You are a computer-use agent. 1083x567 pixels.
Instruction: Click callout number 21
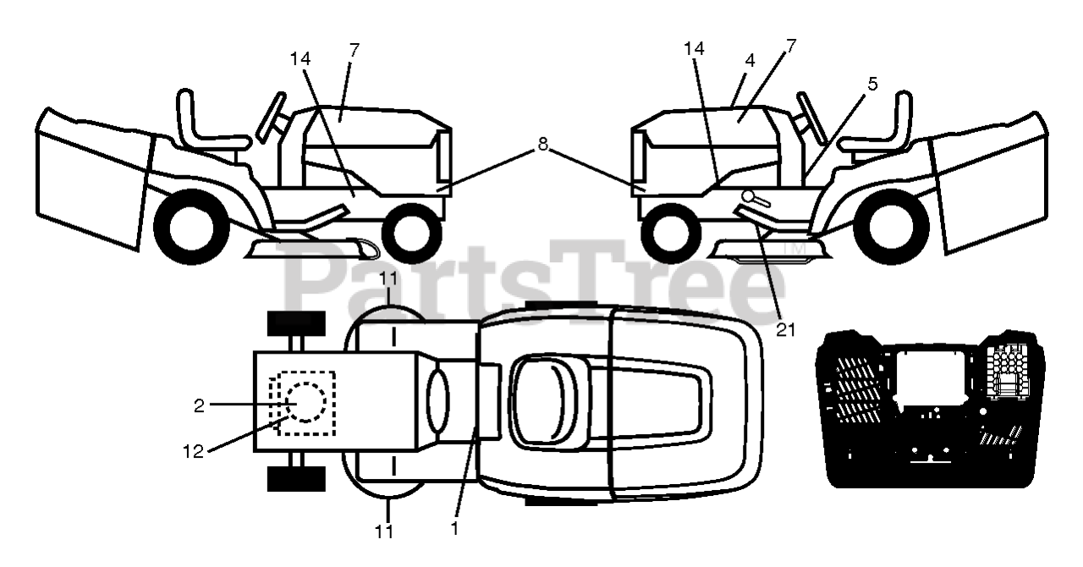(x=786, y=330)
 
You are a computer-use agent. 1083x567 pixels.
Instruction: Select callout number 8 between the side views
(x=542, y=145)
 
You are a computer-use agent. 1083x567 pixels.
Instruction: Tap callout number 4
(x=750, y=61)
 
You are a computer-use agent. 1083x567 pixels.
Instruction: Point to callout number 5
(x=872, y=84)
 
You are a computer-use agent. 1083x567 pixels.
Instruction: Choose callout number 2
(x=200, y=405)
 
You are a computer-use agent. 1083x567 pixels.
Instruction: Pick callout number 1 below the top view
(x=454, y=529)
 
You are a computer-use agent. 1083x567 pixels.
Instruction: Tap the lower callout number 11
(x=385, y=531)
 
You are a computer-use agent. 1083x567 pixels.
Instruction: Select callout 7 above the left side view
(x=354, y=50)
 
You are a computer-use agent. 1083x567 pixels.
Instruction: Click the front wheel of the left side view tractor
(x=412, y=231)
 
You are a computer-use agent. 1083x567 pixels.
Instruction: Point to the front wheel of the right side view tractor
(x=670, y=231)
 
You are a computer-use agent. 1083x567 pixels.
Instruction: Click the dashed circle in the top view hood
(x=304, y=402)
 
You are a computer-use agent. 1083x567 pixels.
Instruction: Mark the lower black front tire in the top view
(x=296, y=478)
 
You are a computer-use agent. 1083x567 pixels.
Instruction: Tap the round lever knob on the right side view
(x=749, y=196)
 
